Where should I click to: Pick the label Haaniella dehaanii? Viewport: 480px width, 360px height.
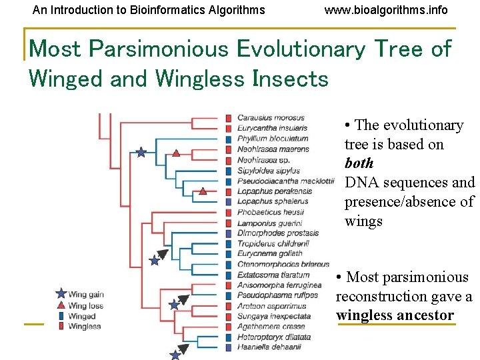click(269, 347)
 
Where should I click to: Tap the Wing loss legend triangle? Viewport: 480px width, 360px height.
click(61, 305)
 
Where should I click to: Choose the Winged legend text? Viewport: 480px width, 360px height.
click(82, 316)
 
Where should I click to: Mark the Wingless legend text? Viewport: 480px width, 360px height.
click(85, 327)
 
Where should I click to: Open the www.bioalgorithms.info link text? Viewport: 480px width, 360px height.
click(386, 10)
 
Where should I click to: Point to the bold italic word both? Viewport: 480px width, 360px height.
click(359, 163)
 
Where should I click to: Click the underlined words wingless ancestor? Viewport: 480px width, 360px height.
click(395, 315)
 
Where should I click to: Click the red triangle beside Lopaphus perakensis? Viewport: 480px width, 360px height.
click(203, 191)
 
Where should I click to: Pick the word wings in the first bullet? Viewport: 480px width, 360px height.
click(363, 221)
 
